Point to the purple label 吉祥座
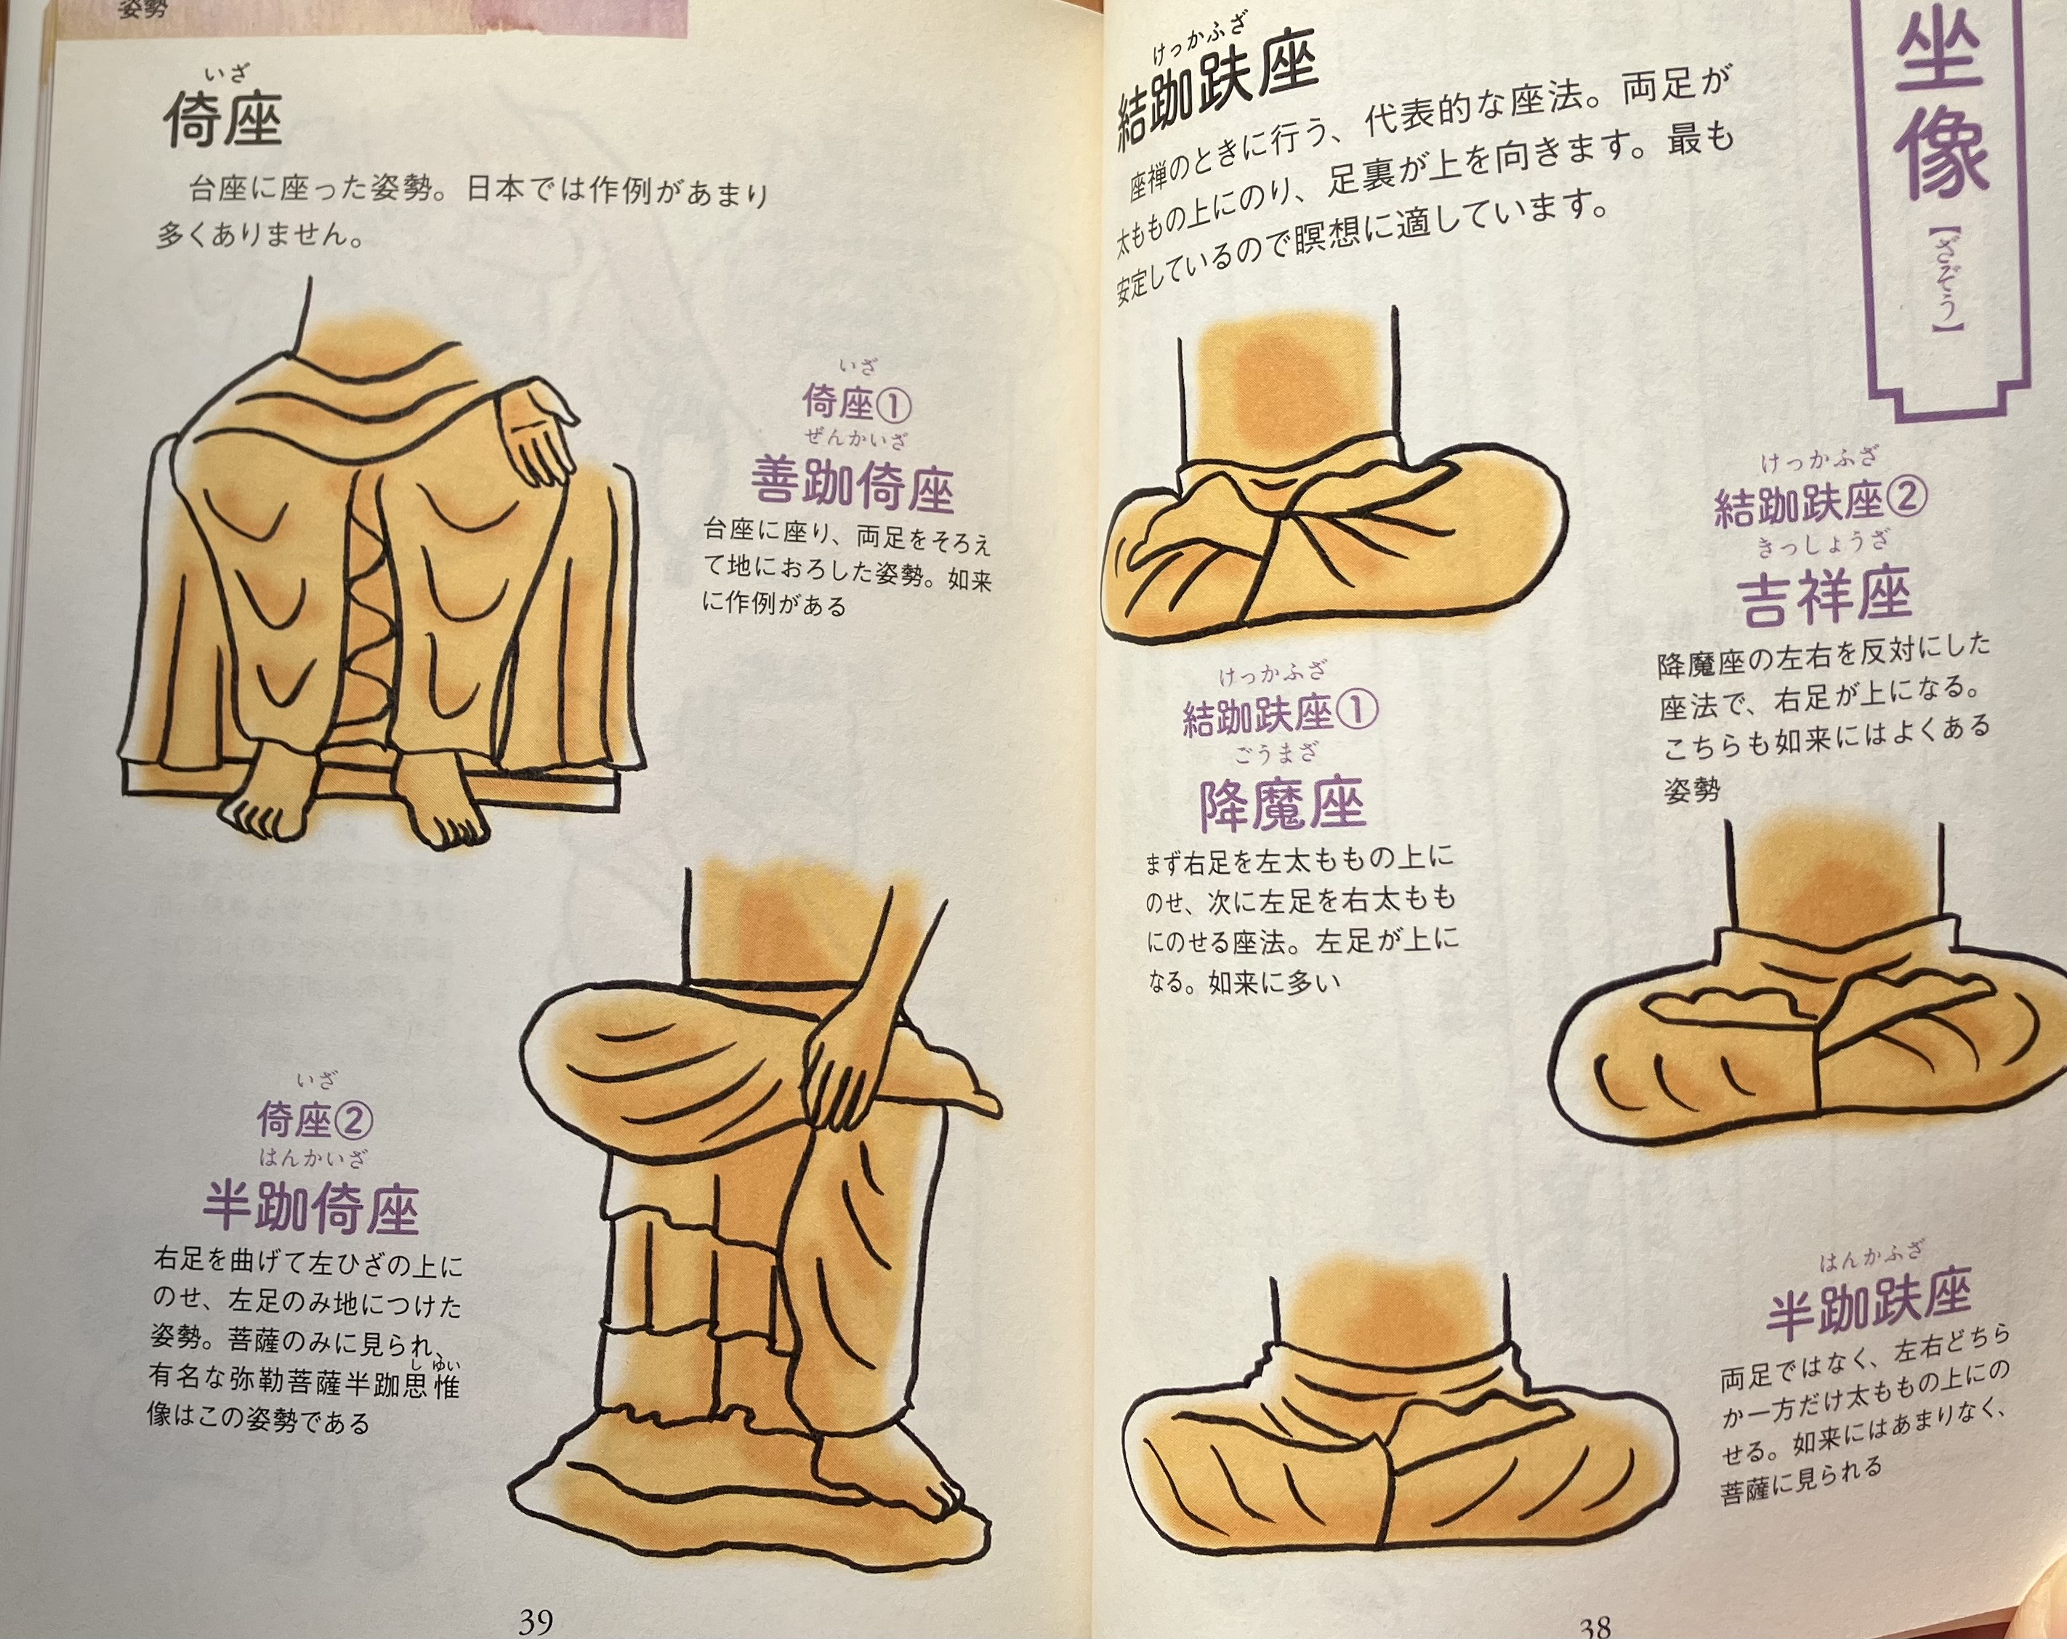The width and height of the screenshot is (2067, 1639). pyautogui.click(x=1824, y=595)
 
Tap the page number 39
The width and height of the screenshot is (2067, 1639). pyautogui.click(x=536, y=1622)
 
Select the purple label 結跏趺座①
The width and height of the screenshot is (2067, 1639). pyautogui.click(x=1279, y=714)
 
